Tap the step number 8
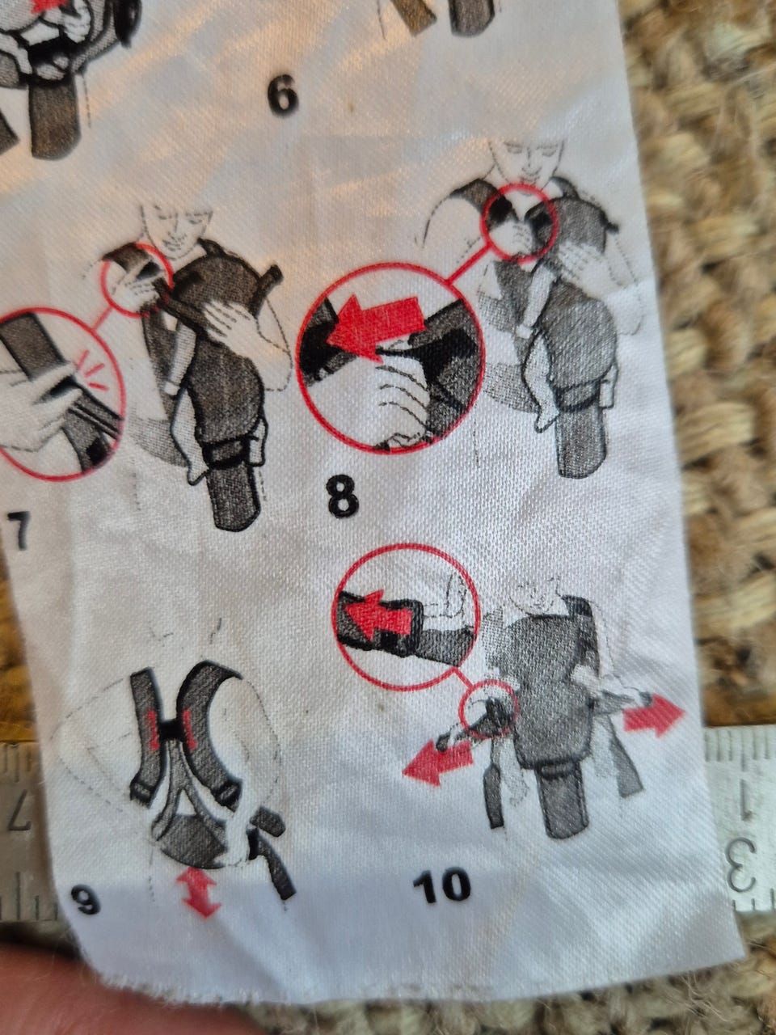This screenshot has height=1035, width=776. point(343,496)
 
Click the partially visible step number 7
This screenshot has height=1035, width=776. point(18,531)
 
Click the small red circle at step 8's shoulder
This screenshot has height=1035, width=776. point(519,221)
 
